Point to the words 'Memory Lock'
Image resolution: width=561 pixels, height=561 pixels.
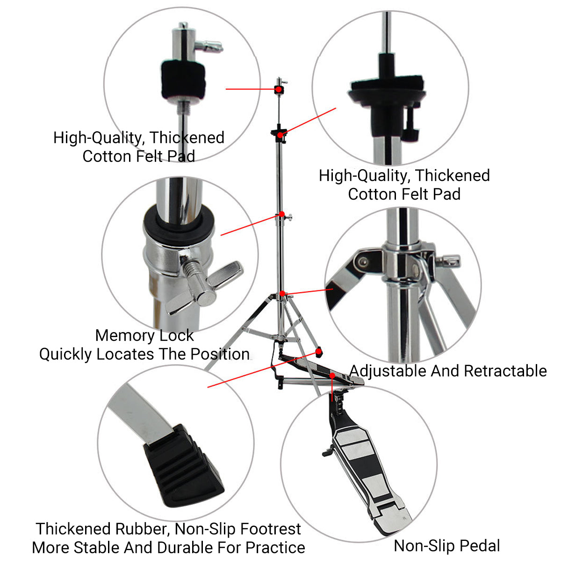coord(144,335)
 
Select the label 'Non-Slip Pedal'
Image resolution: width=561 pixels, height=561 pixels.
coord(447,546)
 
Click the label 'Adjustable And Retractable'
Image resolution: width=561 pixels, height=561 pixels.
coord(448,371)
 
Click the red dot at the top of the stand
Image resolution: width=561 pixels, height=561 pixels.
coord(278,89)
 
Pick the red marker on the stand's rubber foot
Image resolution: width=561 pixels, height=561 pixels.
coord(319,350)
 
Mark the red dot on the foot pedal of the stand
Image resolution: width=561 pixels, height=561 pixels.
coord(332,375)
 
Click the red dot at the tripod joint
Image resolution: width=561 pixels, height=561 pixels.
coord(282,294)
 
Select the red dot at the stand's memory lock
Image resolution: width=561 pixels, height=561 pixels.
coord(282,214)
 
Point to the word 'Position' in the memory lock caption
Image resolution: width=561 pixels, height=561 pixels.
coord(220,354)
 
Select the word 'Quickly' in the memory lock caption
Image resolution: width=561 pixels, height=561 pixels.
coord(65,354)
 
